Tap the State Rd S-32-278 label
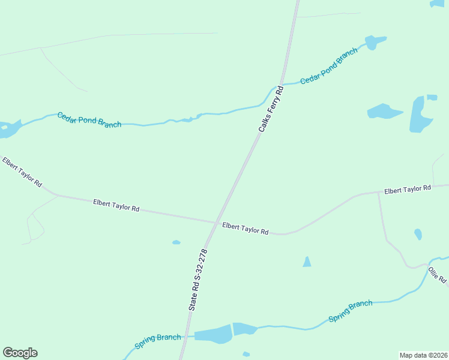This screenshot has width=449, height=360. (197, 280)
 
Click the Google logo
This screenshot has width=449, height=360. (20, 353)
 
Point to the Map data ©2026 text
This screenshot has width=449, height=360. (423, 355)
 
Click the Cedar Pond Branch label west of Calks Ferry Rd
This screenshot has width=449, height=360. (89, 119)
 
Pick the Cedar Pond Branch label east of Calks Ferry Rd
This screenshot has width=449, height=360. (328, 65)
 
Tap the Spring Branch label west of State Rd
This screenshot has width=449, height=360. (157, 341)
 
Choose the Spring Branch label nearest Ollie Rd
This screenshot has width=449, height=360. (351, 311)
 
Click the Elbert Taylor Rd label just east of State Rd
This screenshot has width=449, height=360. (245, 229)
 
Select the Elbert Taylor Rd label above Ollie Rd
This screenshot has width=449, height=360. (408, 190)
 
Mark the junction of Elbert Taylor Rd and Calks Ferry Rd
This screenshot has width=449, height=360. (217, 223)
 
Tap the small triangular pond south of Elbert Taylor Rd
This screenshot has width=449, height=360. (307, 262)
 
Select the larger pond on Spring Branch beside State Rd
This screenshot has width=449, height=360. (213, 335)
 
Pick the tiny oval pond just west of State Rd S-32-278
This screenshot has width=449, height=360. (176, 242)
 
